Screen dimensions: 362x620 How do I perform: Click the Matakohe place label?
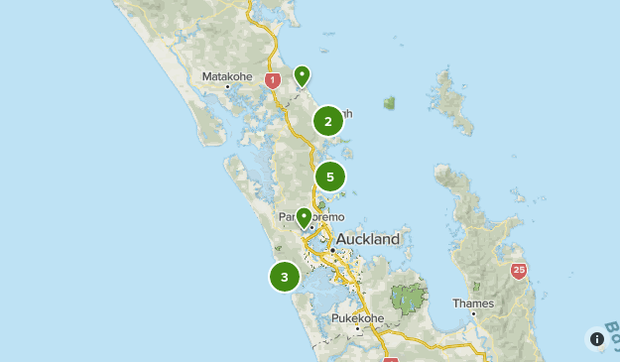click(226, 75)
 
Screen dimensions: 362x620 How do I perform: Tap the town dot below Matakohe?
click(227, 87)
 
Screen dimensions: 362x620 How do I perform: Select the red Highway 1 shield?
click(272, 80)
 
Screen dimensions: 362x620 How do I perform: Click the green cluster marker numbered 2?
click(328, 121)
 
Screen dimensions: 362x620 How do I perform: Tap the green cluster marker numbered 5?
click(330, 177)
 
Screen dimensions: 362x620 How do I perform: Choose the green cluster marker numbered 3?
click(285, 277)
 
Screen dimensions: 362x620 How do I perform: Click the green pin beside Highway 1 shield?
click(301, 75)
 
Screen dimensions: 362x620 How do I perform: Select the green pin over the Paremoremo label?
click(304, 217)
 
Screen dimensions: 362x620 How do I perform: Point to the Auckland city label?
click(368, 239)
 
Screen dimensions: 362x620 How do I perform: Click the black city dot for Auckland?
click(333, 250)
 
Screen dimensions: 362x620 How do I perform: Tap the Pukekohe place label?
click(357, 317)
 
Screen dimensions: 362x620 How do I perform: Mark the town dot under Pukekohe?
click(357, 328)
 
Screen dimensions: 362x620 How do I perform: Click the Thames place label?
click(472, 302)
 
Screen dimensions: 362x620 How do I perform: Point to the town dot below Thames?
click(473, 313)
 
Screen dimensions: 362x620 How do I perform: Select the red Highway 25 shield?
click(519, 270)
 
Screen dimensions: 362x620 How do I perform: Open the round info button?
click(597, 338)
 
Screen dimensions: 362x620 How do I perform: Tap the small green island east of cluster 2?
click(390, 102)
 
